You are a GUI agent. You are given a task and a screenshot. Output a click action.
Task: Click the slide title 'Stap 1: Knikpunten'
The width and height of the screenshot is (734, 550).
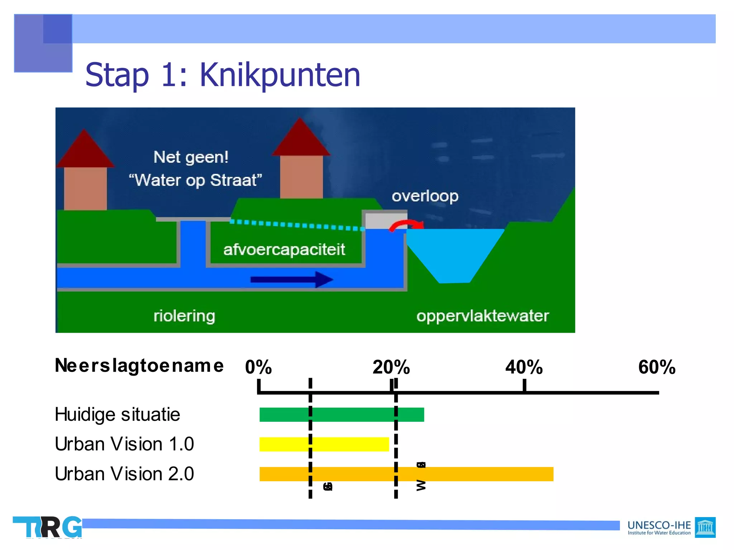pyautogui.click(x=223, y=75)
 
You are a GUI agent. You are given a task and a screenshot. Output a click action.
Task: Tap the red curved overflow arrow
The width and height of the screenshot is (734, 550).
pyautogui.click(x=407, y=225)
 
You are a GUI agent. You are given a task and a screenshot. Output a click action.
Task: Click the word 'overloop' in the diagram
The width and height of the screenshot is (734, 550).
pyautogui.click(x=425, y=196)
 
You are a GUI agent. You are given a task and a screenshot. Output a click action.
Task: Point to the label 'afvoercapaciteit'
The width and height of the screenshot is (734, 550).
pyautogui.click(x=284, y=250)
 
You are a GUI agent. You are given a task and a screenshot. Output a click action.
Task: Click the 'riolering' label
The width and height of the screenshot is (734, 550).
pyautogui.click(x=184, y=316)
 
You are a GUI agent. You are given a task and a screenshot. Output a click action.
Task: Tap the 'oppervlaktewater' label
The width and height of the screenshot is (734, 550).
pyautogui.click(x=482, y=316)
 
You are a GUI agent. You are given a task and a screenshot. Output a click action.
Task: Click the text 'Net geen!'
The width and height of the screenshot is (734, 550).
pyautogui.click(x=191, y=157)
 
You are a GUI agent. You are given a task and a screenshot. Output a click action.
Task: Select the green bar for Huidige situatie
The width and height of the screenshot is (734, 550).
pyautogui.click(x=341, y=414)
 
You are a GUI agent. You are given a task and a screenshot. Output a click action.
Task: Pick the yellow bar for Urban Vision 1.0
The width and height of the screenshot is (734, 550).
pyautogui.click(x=324, y=444)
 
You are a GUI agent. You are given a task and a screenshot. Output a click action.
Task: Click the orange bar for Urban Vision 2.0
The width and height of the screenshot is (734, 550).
pyautogui.click(x=406, y=474)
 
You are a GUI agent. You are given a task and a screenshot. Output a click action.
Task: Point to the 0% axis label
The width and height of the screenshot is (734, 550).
pyautogui.click(x=258, y=367)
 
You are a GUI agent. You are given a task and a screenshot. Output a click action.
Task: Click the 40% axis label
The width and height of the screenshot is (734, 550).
pyautogui.click(x=524, y=367)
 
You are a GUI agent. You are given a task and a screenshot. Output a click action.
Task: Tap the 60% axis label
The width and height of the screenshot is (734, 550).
pyautogui.click(x=657, y=367)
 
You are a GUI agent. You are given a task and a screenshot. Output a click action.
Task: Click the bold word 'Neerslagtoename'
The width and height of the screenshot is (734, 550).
pyautogui.click(x=139, y=366)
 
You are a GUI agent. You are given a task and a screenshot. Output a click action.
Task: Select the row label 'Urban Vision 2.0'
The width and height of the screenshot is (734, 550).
pyautogui.click(x=124, y=474)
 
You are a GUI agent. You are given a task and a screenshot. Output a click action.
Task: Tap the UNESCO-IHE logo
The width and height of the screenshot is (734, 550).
pyautogui.click(x=671, y=527)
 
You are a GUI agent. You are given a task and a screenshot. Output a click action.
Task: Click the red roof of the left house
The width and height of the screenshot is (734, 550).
pyautogui.click(x=85, y=150)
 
